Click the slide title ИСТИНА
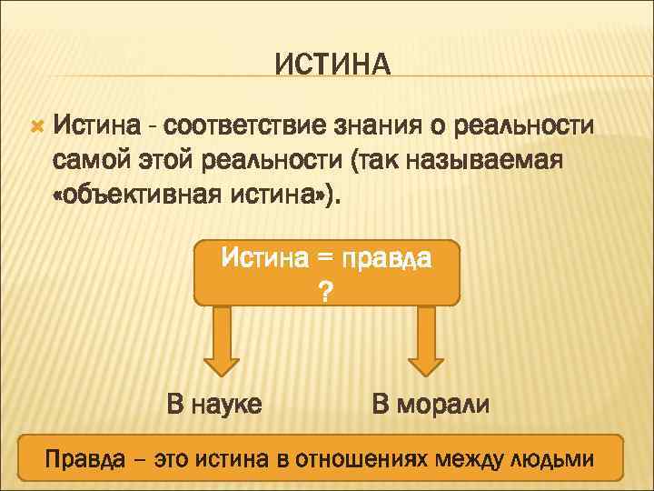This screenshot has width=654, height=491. (x=332, y=65)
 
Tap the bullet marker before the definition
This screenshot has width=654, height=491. (x=36, y=121)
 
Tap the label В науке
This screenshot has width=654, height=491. (x=214, y=403)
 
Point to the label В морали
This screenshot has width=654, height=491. (x=431, y=403)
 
